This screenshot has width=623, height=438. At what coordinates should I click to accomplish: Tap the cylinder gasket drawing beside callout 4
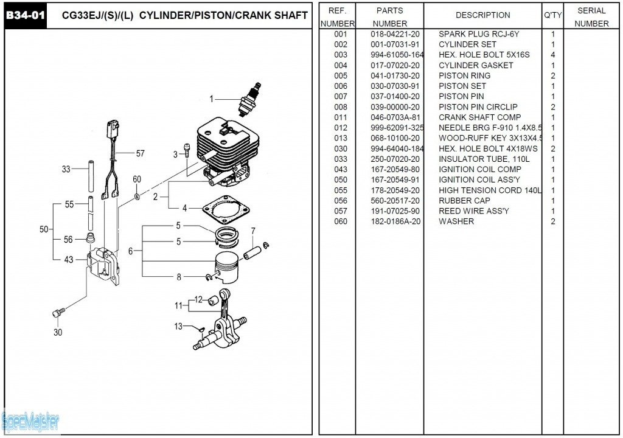(226, 209)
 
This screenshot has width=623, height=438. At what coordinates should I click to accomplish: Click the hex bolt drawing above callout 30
(58, 313)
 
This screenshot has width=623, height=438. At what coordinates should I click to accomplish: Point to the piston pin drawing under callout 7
(252, 253)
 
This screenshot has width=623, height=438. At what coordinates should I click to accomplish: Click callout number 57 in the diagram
(141, 153)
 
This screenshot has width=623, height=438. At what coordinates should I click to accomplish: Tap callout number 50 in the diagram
(44, 229)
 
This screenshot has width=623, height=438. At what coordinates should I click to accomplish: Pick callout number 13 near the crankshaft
(178, 326)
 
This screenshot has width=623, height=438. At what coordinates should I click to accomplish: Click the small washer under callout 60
(137, 196)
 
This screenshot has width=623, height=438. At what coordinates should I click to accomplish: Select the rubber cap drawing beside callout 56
(91, 240)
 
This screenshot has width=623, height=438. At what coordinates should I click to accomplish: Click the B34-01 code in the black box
(26, 15)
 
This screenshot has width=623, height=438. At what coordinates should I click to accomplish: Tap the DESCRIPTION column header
(482, 15)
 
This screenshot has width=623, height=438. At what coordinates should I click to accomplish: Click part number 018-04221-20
(395, 34)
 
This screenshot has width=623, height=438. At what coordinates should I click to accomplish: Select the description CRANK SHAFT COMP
(479, 117)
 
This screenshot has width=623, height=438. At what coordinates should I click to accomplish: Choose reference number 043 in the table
(341, 169)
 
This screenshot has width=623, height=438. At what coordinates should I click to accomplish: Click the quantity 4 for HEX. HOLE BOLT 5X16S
(552, 55)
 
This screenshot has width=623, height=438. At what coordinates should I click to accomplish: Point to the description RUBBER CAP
(464, 201)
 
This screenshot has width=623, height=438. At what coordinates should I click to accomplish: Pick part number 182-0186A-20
(395, 221)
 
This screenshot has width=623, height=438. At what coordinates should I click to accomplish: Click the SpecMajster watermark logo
(30, 422)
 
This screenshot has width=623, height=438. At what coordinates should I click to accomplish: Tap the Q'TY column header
(552, 15)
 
